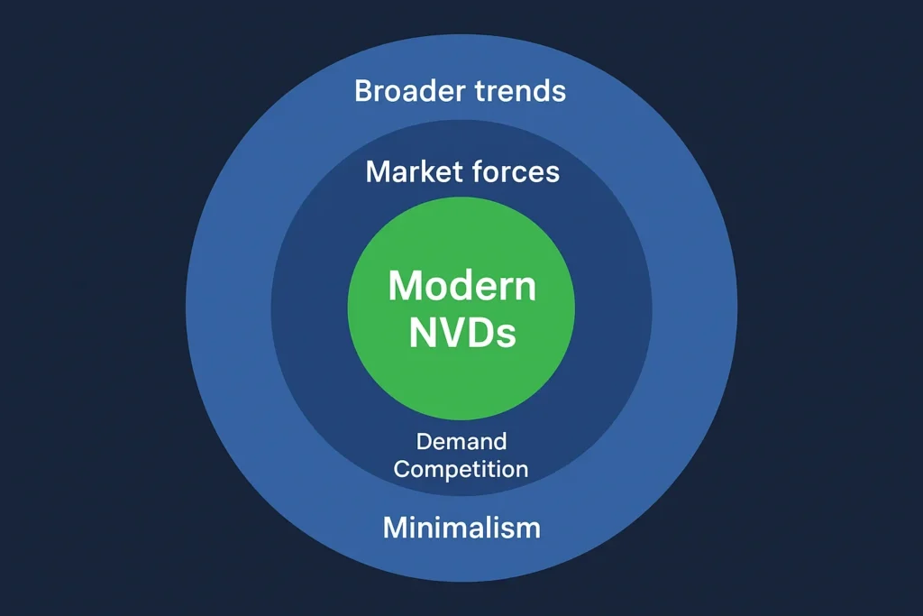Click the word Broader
pyautogui.click(x=407, y=91)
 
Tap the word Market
pyautogui.click(x=415, y=171)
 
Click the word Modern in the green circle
pyautogui.click(x=461, y=287)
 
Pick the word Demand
pyautogui.click(x=461, y=442)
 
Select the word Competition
pyautogui.click(x=461, y=470)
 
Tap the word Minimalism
pyautogui.click(x=461, y=527)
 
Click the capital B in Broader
pyautogui.click(x=364, y=91)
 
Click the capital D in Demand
pyautogui.click(x=424, y=442)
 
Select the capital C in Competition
pyautogui.click(x=402, y=470)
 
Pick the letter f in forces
pyautogui.click(x=480, y=171)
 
